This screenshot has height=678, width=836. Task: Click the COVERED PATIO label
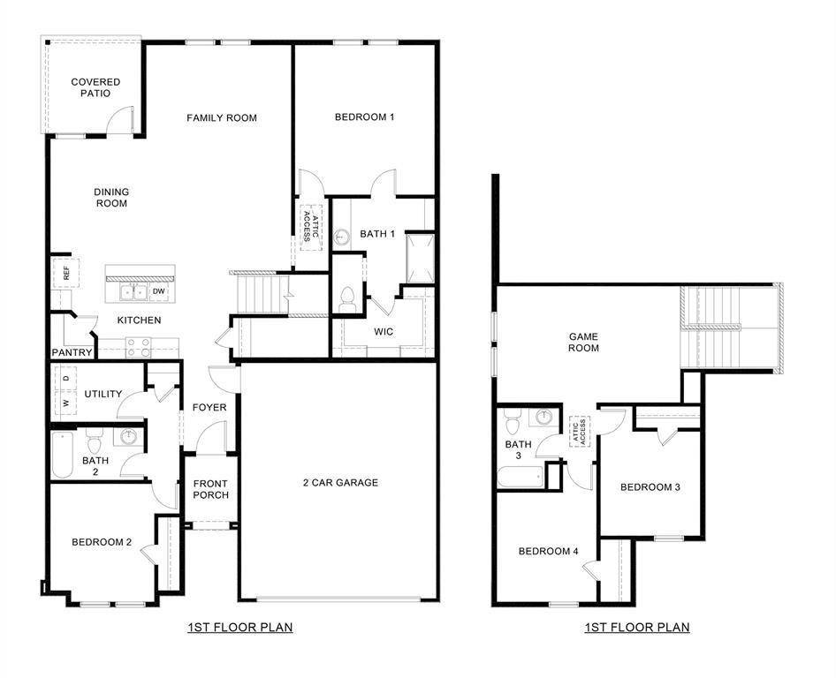(x=95, y=87)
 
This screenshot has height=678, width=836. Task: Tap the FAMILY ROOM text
(x=222, y=117)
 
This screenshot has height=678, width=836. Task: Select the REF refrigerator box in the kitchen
(x=65, y=273)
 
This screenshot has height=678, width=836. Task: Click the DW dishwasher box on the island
(x=159, y=290)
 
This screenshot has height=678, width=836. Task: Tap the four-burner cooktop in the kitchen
(x=137, y=347)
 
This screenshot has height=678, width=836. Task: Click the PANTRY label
(x=72, y=352)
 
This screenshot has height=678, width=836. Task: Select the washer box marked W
(x=65, y=403)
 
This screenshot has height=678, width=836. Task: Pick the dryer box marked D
(x=65, y=379)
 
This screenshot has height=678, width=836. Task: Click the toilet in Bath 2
(x=95, y=436)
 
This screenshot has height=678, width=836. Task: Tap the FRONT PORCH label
(x=210, y=489)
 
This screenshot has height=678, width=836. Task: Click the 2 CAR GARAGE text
(x=340, y=482)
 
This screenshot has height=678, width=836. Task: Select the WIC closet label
(x=384, y=332)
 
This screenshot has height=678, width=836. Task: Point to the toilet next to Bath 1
(x=347, y=298)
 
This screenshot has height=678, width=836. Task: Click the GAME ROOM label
(x=583, y=342)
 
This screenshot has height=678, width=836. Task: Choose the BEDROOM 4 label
(x=548, y=551)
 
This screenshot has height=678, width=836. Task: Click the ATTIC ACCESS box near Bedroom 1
(x=310, y=226)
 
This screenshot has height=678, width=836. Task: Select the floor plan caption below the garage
(x=239, y=628)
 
